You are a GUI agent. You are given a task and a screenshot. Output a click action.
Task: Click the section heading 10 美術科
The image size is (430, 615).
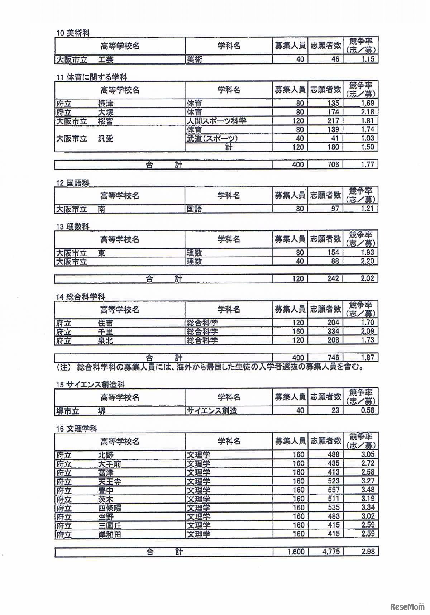point(73,33)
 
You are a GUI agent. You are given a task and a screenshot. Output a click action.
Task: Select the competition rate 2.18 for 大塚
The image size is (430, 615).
point(367,112)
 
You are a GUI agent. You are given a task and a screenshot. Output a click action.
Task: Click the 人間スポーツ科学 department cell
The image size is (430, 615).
point(216,121)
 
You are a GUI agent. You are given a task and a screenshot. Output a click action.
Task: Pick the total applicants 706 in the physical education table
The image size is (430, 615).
point(333,165)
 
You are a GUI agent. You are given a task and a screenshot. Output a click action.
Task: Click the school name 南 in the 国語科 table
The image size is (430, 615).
point(101,209)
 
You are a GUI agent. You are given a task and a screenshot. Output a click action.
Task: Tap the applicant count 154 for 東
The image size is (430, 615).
point(333,253)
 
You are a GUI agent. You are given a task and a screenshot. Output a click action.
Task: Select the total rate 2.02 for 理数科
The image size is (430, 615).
point(367,278)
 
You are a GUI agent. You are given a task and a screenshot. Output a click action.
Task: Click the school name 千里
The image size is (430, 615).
point(105,332)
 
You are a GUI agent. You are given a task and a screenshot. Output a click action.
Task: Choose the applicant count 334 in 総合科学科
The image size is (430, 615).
point(333,332)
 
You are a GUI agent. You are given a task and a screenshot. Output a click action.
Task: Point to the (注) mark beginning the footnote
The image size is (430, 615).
point(62,367)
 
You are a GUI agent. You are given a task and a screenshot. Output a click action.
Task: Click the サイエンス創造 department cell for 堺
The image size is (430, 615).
point(212,411)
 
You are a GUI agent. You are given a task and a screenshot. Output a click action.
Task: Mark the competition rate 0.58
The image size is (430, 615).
point(367,410)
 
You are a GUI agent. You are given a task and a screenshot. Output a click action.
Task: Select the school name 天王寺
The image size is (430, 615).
point(109,481)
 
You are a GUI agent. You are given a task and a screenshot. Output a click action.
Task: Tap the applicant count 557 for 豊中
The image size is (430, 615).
point(333,490)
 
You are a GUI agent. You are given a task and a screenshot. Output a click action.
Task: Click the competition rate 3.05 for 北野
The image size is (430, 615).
point(367,455)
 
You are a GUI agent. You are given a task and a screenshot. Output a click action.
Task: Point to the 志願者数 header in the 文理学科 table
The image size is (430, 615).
point(325,441)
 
